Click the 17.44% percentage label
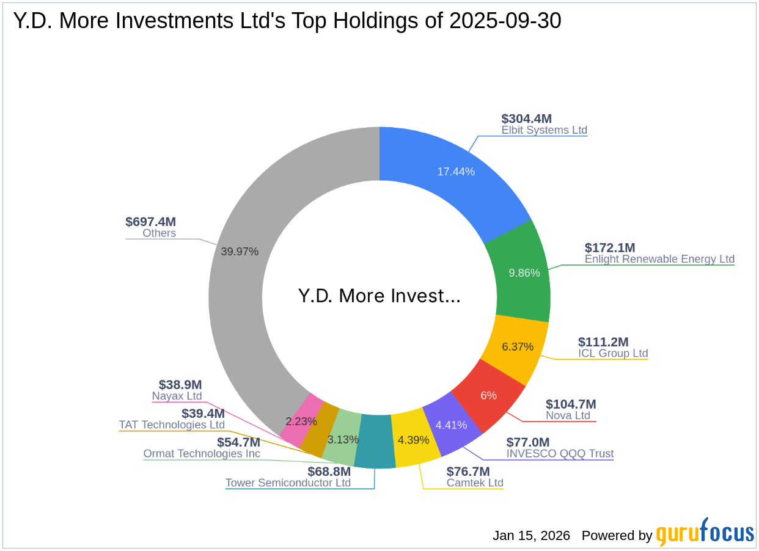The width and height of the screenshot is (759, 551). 456,172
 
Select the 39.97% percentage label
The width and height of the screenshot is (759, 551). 240,251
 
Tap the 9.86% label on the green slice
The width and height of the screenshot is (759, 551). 524,272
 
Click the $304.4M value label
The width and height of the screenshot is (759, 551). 527,119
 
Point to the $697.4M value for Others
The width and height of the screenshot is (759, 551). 151,222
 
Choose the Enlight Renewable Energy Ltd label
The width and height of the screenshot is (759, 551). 659,259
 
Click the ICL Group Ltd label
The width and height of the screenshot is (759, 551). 613,353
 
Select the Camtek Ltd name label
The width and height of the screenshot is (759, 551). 475,483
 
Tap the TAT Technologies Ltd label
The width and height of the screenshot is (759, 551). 172,425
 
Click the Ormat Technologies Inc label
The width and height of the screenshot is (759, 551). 202,454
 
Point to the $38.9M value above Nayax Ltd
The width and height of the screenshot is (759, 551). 180,385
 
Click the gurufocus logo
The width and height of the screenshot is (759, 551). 705,533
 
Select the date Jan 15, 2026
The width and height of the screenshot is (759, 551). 531,536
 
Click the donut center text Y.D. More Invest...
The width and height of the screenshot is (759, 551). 380,296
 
